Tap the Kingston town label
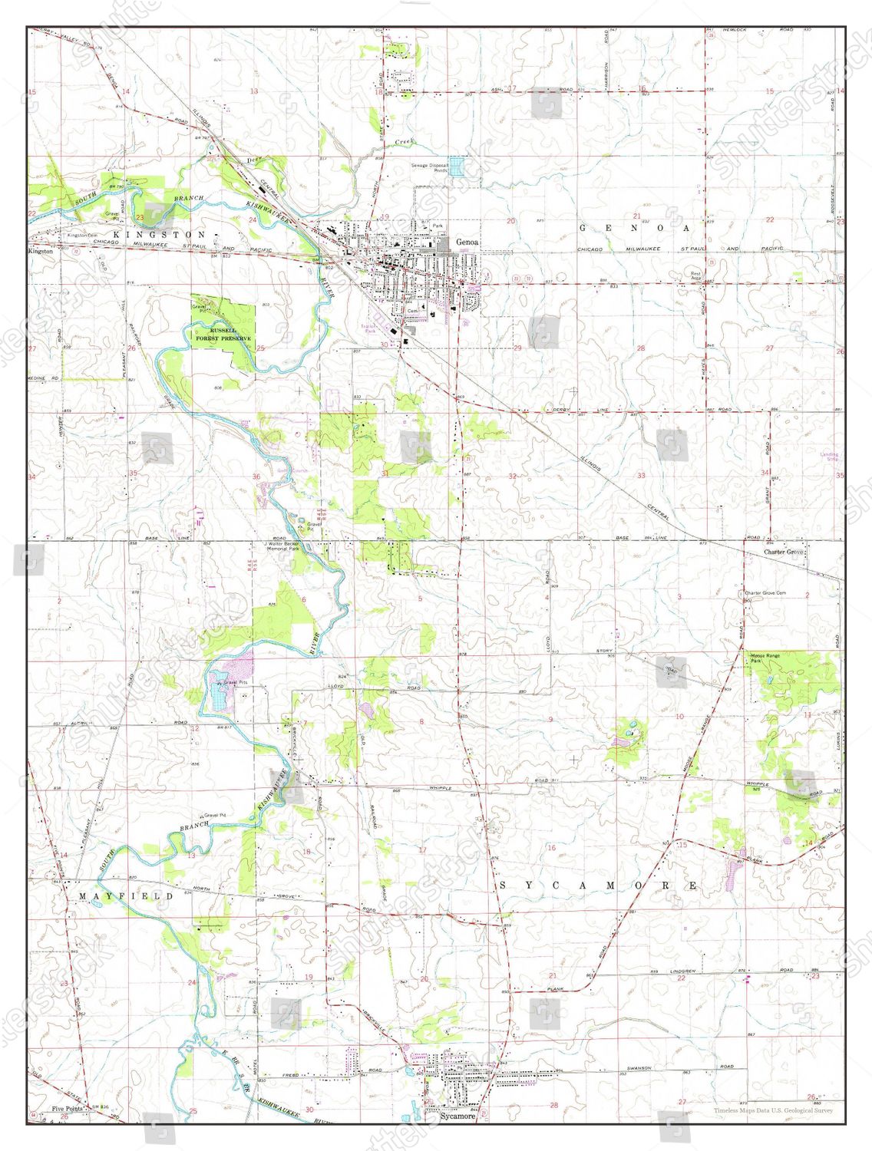pos(40,251)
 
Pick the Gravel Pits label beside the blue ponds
pos(235,681)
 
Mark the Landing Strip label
pos(829,457)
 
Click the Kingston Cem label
pos(82,235)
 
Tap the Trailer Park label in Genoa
pos(370,328)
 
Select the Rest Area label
pos(695,275)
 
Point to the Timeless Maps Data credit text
pos(772,1110)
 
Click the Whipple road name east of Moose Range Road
pos(758,783)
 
